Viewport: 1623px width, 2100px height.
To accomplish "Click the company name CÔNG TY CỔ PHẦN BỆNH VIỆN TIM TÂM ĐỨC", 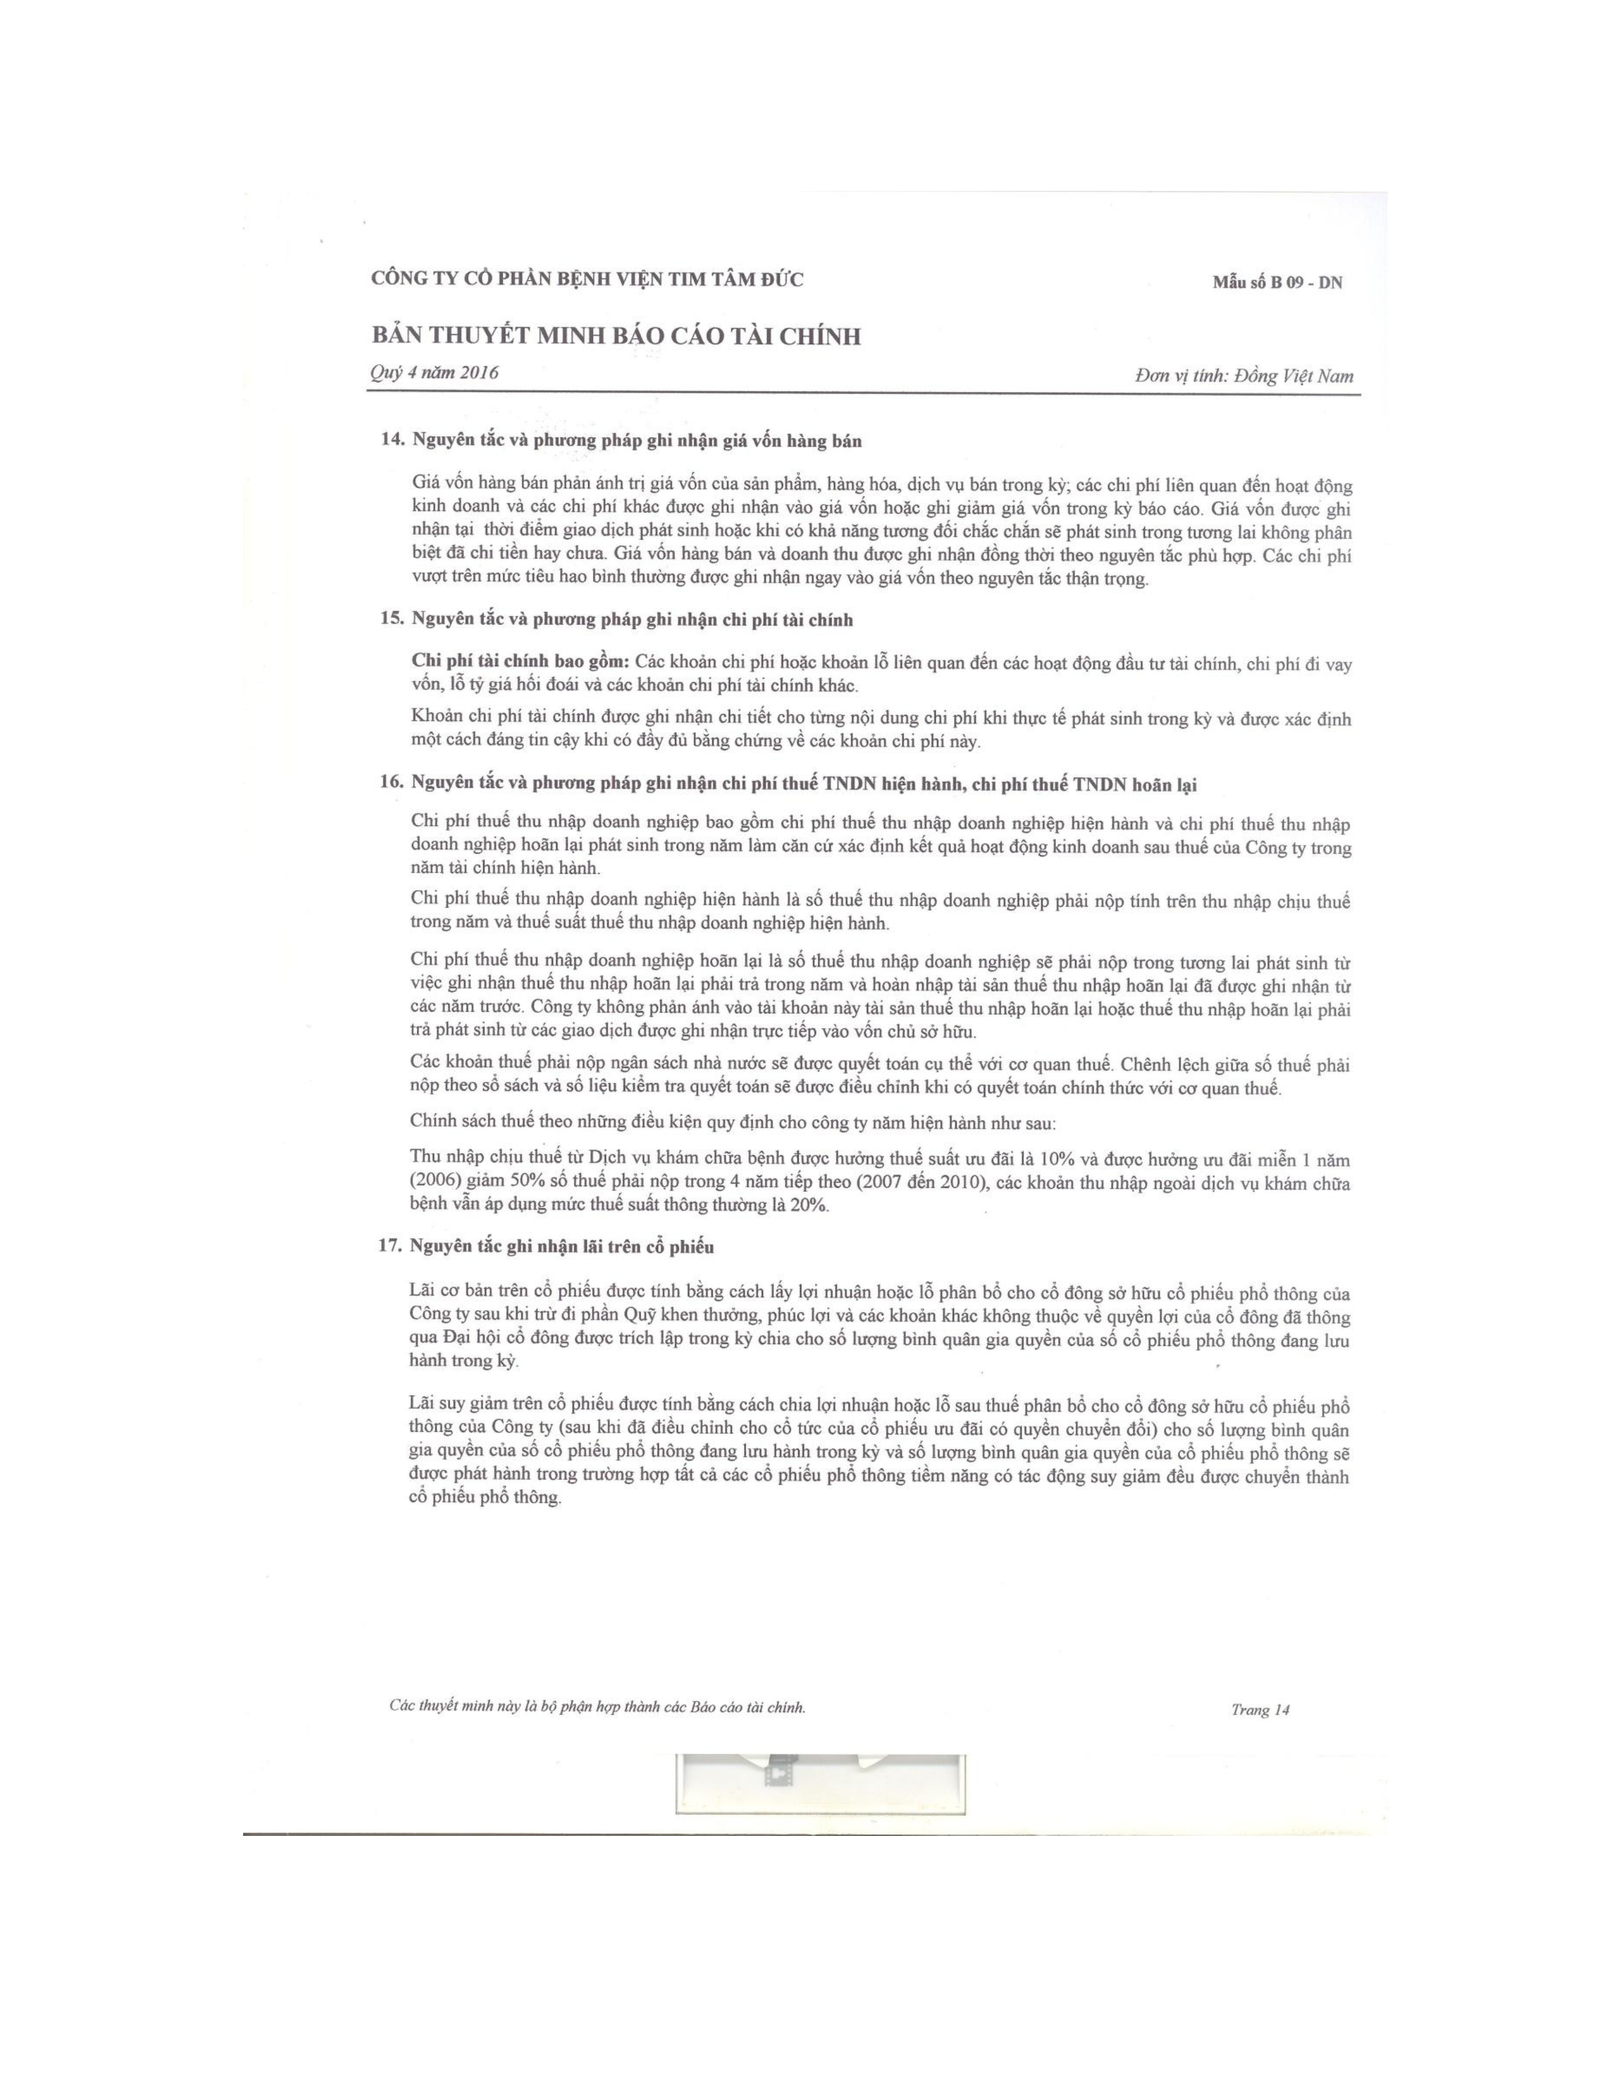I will pos(587,280).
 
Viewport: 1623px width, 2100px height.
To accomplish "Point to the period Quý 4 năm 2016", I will pos(433,373).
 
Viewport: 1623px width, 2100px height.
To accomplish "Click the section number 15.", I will pos(391,620).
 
